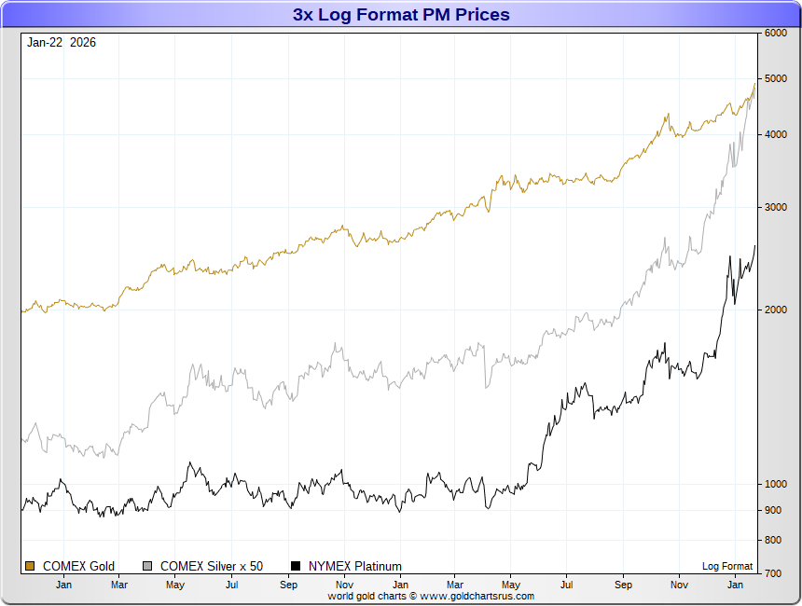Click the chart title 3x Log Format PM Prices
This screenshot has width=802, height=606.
401,15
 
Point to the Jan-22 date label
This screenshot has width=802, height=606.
45,42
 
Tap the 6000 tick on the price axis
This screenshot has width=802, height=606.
775,33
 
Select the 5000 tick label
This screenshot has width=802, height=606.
775,78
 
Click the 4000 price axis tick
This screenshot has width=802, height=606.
775,134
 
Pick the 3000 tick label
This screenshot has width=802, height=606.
775,207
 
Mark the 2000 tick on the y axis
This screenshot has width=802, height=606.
775,310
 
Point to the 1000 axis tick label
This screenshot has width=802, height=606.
775,484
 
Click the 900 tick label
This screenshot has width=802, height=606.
772,510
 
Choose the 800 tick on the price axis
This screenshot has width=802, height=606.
772,540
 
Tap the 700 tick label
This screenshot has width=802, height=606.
772,573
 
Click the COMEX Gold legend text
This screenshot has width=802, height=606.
78,566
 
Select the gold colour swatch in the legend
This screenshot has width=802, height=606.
30,566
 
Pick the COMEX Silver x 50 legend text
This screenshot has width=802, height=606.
212,566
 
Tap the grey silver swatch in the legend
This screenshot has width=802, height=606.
147,566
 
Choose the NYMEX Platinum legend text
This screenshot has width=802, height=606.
354,566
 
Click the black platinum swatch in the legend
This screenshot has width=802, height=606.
297,566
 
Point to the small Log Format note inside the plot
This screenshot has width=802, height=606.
727,566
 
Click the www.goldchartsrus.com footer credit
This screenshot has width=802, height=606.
431,596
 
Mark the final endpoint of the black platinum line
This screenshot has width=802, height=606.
755,245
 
